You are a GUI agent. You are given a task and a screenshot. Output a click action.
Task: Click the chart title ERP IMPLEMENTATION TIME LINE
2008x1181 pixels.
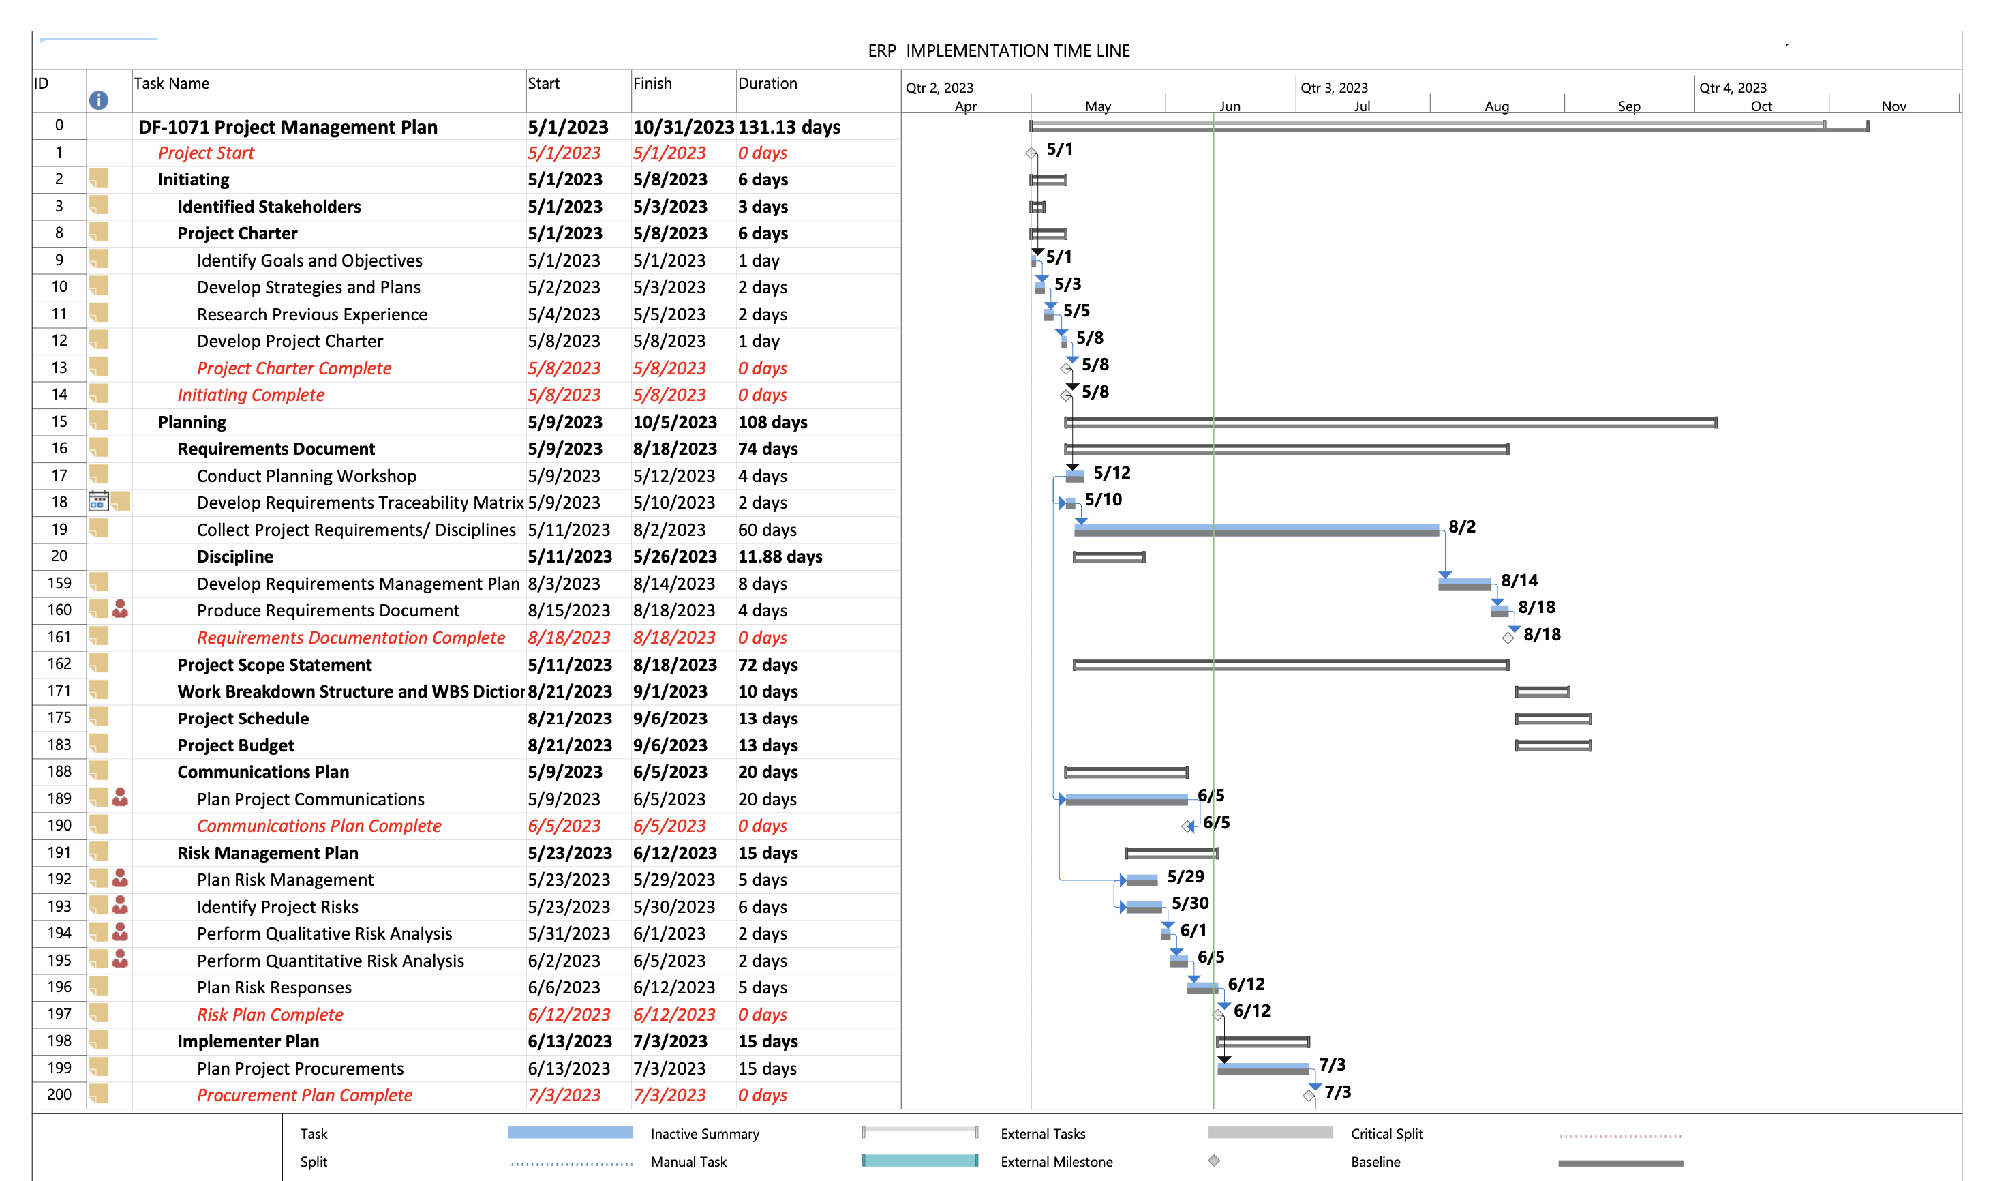click(x=998, y=51)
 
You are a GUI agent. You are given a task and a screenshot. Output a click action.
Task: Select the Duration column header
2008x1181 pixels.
click(x=767, y=84)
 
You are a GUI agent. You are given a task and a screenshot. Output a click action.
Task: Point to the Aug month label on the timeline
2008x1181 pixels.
click(x=1495, y=106)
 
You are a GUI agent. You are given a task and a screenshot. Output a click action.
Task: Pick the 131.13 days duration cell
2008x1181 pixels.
click(x=788, y=128)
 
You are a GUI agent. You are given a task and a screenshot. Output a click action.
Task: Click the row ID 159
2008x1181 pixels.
click(x=59, y=583)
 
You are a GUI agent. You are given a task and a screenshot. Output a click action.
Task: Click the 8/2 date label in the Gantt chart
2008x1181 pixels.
click(x=1461, y=527)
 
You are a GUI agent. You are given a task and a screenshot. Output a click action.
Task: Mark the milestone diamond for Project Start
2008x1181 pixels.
click(x=1031, y=153)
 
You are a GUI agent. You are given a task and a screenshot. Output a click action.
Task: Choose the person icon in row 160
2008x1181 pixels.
click(x=121, y=610)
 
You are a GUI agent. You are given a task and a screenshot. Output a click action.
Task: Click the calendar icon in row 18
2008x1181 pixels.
click(x=98, y=502)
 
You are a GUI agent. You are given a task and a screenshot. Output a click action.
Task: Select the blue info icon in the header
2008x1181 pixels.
click(x=98, y=100)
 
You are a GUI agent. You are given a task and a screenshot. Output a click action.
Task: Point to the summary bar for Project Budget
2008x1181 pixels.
click(x=1552, y=746)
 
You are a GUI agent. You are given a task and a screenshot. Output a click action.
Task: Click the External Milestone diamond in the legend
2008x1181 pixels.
click(x=1213, y=1161)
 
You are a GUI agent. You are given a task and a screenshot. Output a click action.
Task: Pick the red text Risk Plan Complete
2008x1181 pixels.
click(x=269, y=1015)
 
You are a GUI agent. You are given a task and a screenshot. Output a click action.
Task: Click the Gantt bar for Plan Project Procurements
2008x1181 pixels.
click(x=1262, y=1068)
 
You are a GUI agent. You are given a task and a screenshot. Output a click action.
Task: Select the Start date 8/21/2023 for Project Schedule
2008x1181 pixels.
click(x=569, y=719)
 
